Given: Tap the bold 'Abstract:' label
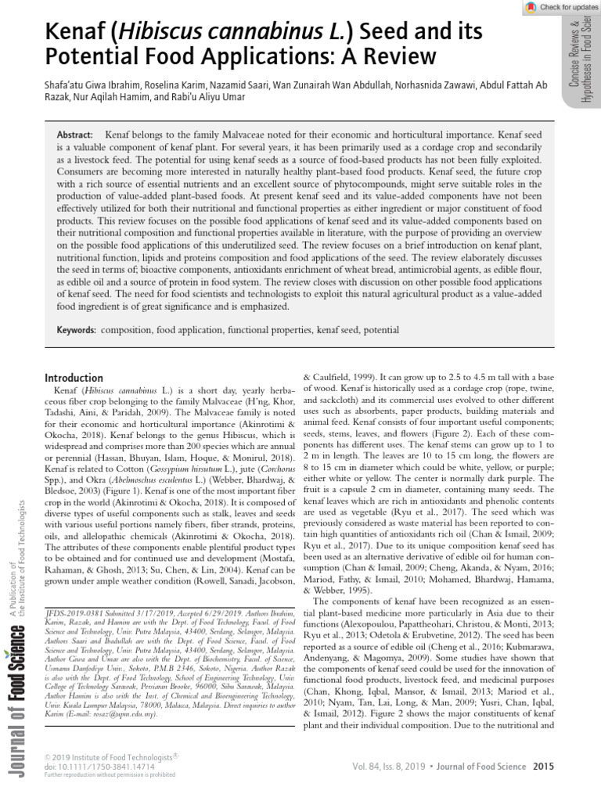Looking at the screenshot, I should [76, 135].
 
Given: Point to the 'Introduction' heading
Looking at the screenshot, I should [74, 378].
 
